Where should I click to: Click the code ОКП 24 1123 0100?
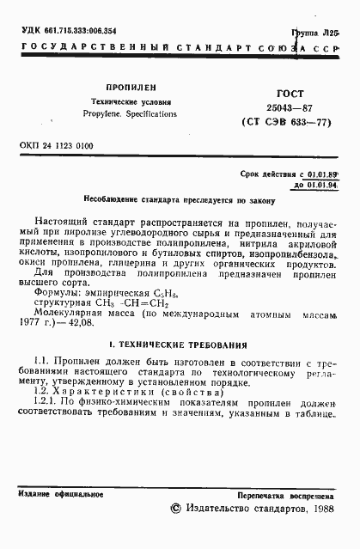coord(55,147)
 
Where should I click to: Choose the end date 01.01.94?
coord(322,185)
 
